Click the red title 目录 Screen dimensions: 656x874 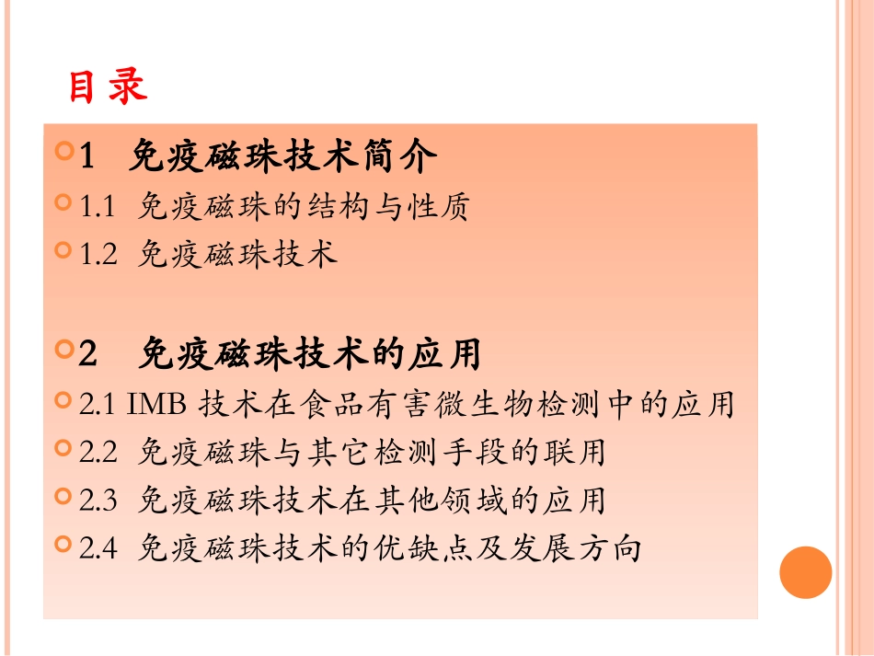tap(107, 87)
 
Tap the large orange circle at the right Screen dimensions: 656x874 tap(805, 572)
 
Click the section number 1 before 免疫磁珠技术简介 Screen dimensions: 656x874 tap(87, 157)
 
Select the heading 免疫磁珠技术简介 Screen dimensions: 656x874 tap(282, 157)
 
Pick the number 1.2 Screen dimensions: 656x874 tap(98, 255)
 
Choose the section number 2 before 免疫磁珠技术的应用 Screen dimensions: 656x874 tap(88, 354)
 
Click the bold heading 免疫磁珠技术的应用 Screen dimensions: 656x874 tap(310, 354)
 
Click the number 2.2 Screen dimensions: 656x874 tap(98, 453)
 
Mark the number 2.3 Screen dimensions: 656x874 tap(98, 501)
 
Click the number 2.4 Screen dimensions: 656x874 tap(98, 549)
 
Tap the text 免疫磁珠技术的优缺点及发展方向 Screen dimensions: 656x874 tap(389, 549)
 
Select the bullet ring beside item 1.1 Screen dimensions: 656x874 tap(63, 202)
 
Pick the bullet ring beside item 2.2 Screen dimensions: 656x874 tap(63, 448)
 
